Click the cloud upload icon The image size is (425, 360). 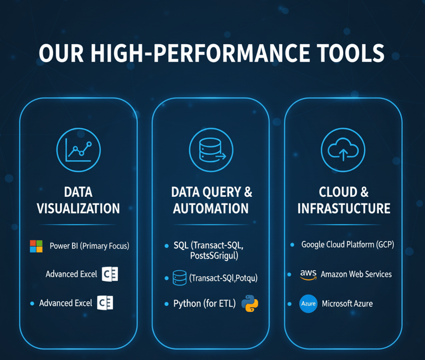[x=343, y=149]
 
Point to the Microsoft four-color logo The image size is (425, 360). [x=36, y=246]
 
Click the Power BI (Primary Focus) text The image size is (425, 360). [x=89, y=246]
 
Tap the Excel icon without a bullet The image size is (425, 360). [x=110, y=274]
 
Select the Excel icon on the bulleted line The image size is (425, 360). [x=105, y=303]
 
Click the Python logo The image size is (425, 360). [x=250, y=304]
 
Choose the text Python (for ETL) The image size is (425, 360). [x=204, y=304]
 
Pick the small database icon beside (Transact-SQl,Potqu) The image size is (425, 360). [x=180, y=278]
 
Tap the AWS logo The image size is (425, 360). [x=308, y=274]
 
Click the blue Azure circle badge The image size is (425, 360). [x=308, y=304]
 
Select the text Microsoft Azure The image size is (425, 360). [x=347, y=304]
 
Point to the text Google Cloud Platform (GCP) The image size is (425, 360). [x=348, y=244]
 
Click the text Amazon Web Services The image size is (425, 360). [x=356, y=274]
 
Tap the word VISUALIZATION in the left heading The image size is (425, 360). [x=78, y=208]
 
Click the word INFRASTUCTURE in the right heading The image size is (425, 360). [x=344, y=208]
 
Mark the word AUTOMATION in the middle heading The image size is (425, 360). [x=210, y=208]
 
